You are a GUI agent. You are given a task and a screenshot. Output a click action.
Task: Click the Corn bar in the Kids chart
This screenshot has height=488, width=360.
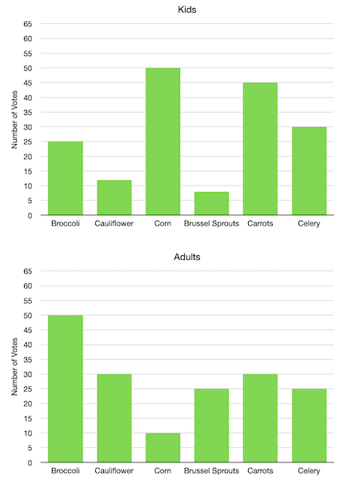[x=162, y=142]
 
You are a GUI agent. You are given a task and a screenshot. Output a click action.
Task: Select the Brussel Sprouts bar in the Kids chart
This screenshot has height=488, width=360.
[x=211, y=203]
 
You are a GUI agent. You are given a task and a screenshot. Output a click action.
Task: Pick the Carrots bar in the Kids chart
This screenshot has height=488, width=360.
[x=260, y=149]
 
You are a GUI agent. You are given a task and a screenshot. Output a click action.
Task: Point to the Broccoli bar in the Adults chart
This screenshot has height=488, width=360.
[x=65, y=389]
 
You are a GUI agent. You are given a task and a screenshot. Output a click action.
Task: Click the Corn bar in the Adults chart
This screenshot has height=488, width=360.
[x=162, y=447]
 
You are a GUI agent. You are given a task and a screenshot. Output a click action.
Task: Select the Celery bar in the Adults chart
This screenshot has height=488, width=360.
[x=309, y=426]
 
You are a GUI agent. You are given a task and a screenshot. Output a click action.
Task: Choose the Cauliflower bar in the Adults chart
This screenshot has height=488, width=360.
[x=114, y=418]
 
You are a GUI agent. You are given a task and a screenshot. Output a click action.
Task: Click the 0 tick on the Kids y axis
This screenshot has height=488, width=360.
[x=30, y=215]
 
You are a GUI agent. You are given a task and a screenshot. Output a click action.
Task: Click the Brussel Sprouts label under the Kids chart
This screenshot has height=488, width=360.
[x=211, y=224]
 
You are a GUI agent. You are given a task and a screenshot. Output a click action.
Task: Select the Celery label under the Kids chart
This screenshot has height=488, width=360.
[x=309, y=224]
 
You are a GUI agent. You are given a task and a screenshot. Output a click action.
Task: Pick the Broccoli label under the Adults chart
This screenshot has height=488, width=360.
[x=65, y=471]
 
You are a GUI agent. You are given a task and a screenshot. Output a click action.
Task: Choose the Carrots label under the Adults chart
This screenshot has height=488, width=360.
[x=260, y=471]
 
